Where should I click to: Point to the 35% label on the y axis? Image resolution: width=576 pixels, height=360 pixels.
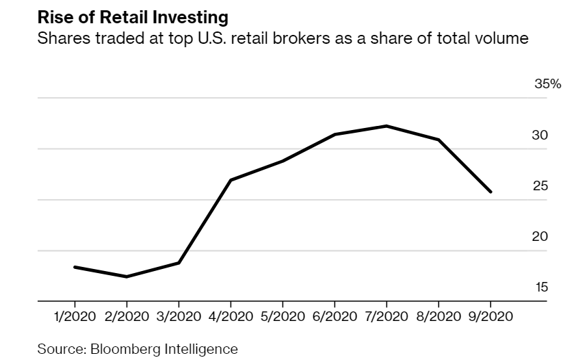[547, 84]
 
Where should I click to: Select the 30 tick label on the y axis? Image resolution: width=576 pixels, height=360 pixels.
[540, 136]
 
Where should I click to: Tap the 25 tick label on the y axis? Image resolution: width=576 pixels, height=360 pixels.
[540, 186]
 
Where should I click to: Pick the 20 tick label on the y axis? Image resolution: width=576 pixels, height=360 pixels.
[540, 237]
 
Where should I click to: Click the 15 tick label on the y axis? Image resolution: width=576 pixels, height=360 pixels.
[540, 287]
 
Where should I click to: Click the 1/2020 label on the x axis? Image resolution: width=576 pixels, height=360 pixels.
[74, 316]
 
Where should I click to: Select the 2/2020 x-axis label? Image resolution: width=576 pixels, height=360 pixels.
[126, 316]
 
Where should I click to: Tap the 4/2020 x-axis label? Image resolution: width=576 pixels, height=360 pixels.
[231, 316]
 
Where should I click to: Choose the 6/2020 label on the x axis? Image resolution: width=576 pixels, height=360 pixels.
[335, 316]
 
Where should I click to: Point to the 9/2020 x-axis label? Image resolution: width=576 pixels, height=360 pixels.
[490, 316]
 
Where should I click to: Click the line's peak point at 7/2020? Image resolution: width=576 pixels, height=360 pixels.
[387, 126]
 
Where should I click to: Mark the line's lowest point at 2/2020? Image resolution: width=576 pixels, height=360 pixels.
[127, 277]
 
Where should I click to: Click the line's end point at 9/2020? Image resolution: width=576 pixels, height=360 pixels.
[490, 192]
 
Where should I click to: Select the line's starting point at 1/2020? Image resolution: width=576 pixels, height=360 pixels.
[74, 267]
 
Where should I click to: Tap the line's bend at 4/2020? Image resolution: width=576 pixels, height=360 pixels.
[231, 180]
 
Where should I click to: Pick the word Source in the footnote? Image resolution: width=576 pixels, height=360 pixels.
[57, 349]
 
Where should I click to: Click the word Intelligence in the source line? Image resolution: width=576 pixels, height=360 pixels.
[200, 349]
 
